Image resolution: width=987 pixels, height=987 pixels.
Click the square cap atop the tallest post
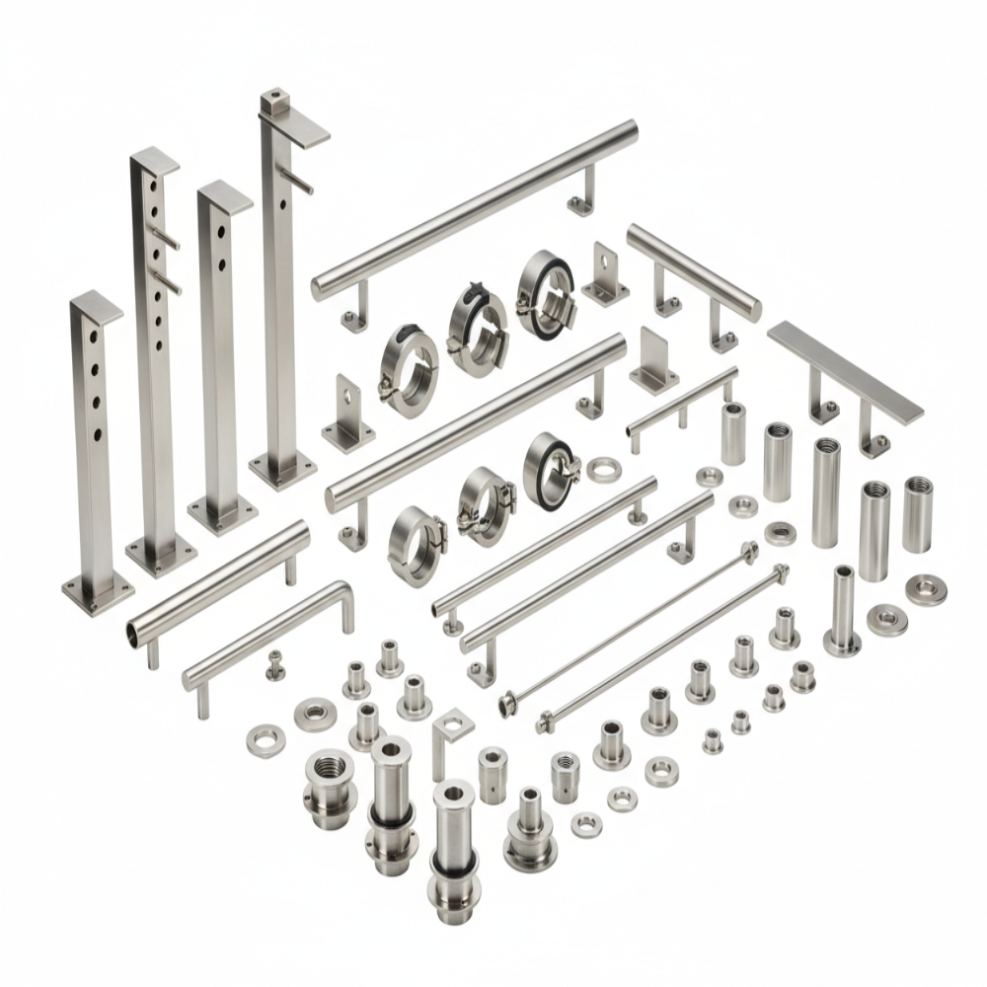click(271, 101)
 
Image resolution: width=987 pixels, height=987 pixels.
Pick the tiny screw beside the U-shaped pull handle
click(273, 668)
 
